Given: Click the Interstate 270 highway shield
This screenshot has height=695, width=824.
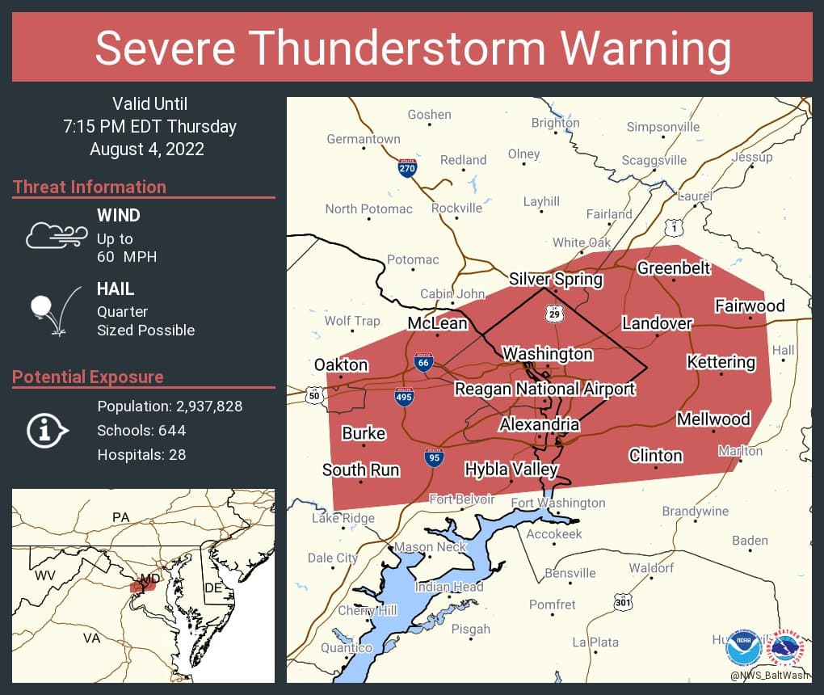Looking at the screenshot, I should click(x=408, y=169).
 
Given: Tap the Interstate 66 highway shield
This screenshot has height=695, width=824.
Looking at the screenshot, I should click(x=422, y=362).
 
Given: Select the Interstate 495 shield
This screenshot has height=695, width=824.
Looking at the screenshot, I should click(x=405, y=398).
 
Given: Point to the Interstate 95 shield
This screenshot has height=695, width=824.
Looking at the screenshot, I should click(x=434, y=458).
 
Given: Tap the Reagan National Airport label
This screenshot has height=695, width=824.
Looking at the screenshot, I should click(x=544, y=389).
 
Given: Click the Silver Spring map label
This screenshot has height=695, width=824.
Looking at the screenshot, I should click(x=555, y=280).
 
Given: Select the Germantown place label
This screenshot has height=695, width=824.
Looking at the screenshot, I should click(x=363, y=139).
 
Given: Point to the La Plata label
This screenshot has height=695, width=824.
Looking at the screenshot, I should click(x=595, y=642).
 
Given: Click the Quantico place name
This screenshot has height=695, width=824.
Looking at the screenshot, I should click(x=346, y=647).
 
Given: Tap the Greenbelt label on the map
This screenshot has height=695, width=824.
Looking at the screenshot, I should click(x=674, y=267).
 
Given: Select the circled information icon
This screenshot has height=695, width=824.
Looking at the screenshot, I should click(x=49, y=430).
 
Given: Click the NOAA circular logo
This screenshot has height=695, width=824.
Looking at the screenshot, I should click(x=742, y=647).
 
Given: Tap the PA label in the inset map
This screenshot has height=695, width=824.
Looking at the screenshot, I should click(x=121, y=516).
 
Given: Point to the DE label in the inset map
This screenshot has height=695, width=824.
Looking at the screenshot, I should click(x=212, y=588).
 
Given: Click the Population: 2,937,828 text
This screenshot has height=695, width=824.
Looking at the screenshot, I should click(x=170, y=406).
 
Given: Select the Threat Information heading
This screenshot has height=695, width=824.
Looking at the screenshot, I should click(x=90, y=187).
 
